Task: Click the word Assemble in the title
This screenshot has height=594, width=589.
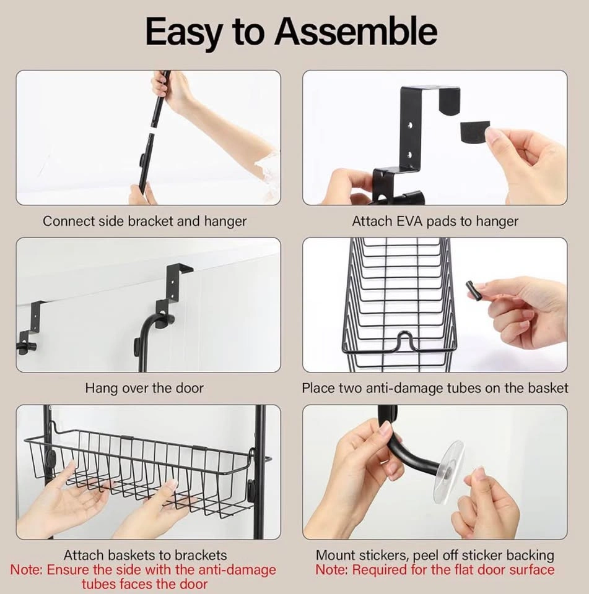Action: pyautogui.click(x=356, y=32)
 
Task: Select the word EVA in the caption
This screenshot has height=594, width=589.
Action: pyautogui.click(x=411, y=222)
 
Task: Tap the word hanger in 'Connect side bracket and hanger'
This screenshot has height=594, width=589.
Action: pyautogui.click(x=225, y=222)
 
